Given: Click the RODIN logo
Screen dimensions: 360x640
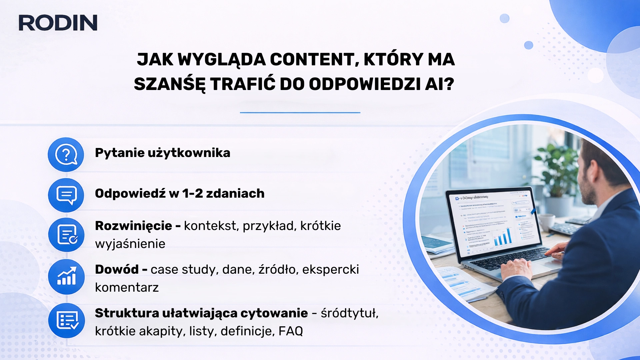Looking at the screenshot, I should pos(58,23).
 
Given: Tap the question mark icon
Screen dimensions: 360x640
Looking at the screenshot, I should pos(66,154).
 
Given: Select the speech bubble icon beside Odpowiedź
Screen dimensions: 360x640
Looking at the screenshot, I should pos(66,195).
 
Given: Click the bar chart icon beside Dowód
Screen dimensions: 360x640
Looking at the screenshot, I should pos(66,277).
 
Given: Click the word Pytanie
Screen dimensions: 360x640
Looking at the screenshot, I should pos(119,153).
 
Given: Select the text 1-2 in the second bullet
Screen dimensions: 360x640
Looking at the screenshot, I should pos(192,194).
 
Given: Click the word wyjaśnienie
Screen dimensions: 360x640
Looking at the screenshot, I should pos(130,244).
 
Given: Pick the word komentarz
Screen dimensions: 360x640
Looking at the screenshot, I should pos(127,287).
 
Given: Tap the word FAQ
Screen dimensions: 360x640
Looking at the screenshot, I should pos(290,331).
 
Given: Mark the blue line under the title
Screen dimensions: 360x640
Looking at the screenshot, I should pos(300,113).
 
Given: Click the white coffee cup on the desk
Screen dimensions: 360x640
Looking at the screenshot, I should pos(546,222).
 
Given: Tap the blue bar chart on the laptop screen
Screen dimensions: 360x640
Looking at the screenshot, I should pos(503,237).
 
